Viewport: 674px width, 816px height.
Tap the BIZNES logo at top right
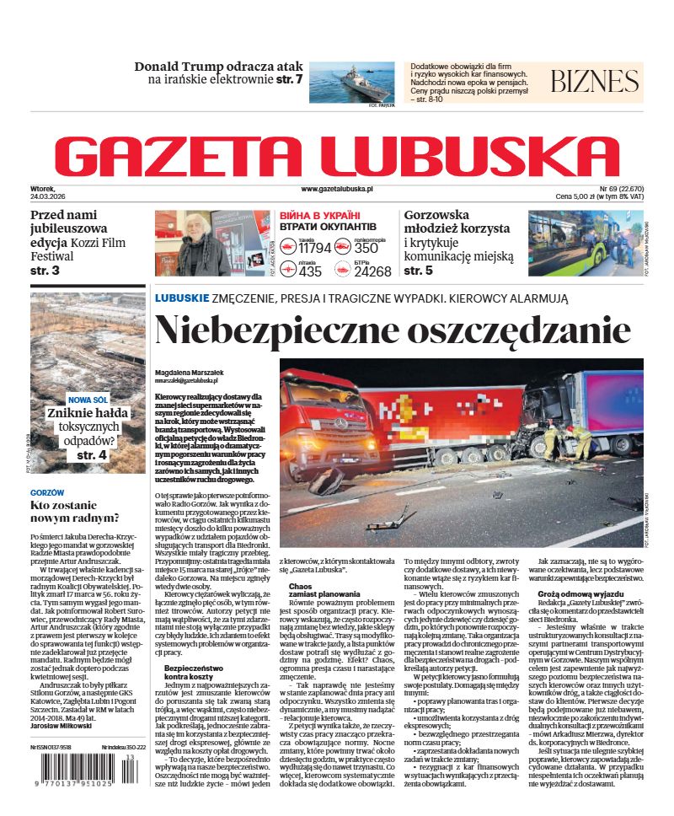click(x=594, y=82)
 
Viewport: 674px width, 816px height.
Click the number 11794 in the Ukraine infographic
click(x=315, y=248)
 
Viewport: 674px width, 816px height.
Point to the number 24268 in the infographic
click(x=372, y=271)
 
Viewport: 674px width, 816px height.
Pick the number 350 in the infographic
click(x=366, y=248)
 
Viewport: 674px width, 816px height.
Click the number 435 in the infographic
click(x=310, y=271)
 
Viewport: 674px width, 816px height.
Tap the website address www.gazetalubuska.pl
click(x=336, y=191)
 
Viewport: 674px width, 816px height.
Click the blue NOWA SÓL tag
click(x=88, y=400)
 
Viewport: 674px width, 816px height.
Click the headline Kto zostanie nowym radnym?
click(x=75, y=510)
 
